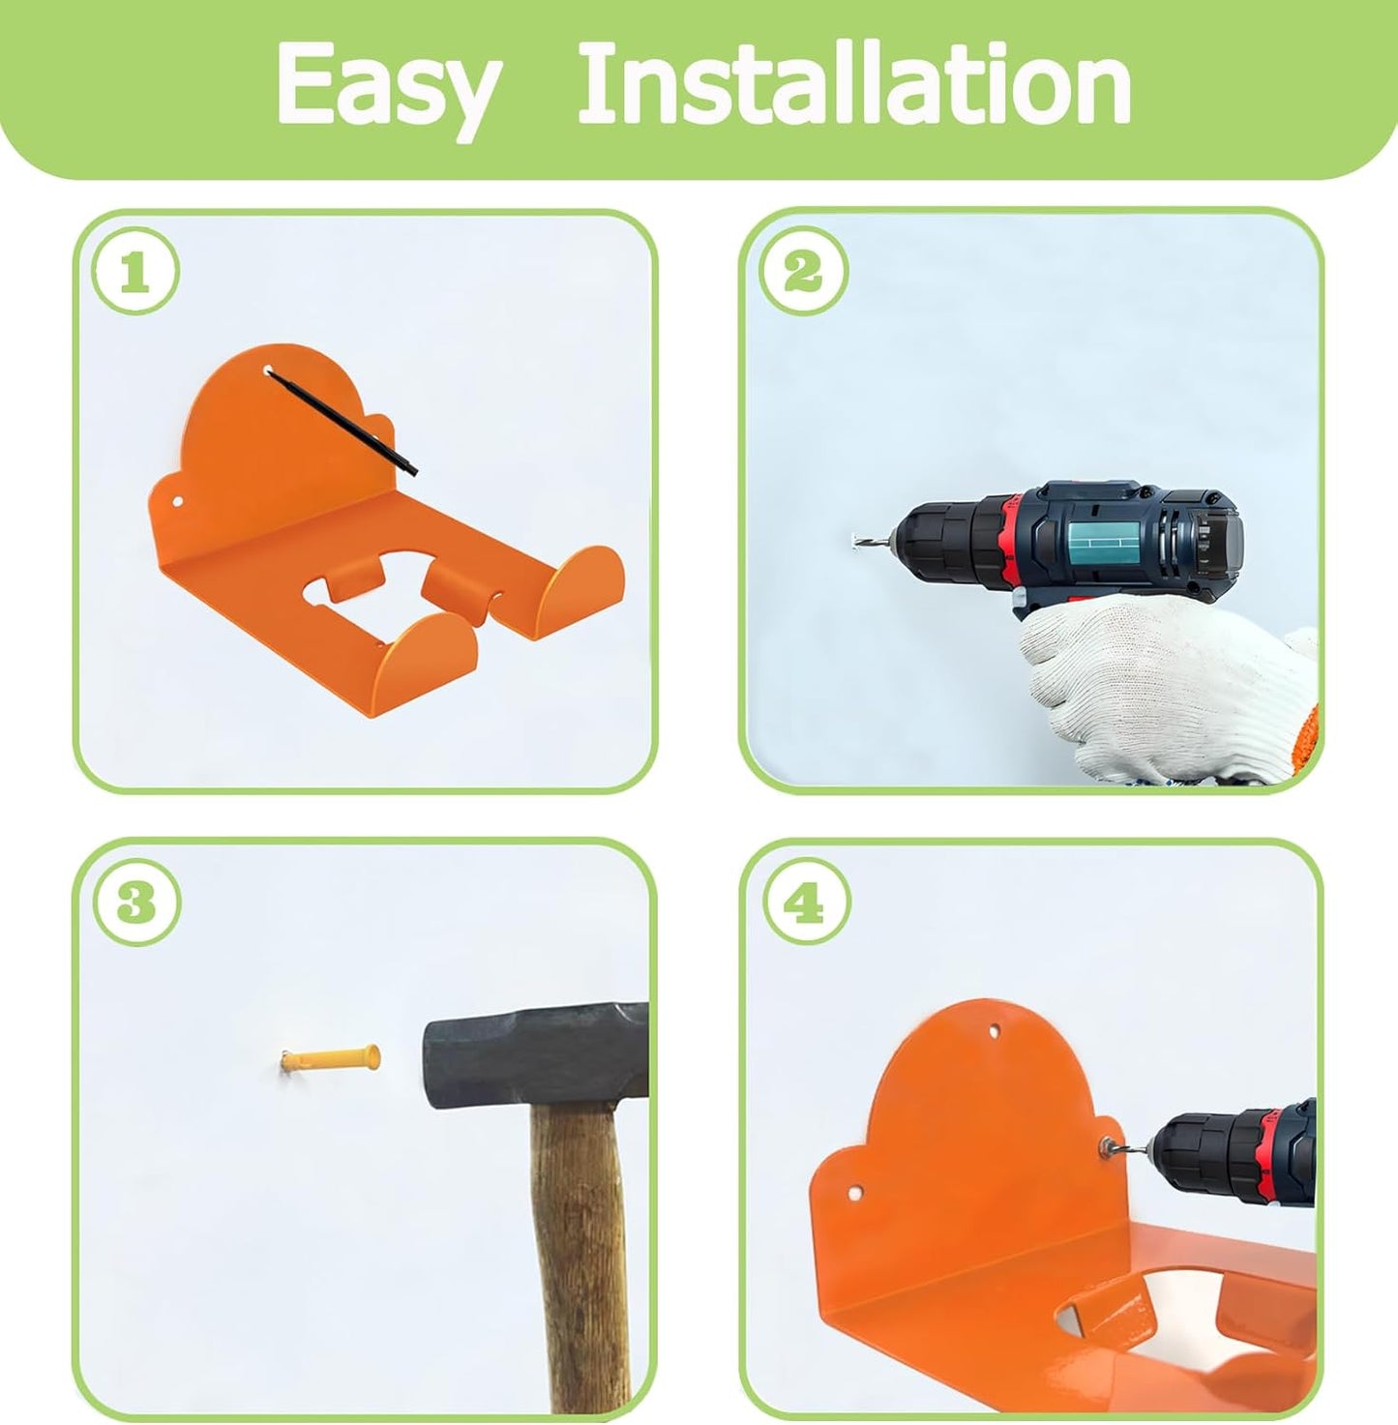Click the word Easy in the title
pos(387,87)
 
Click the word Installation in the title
pos(853,87)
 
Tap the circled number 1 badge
pos(135,272)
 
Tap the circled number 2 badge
pos(803,271)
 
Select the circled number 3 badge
pos(136,903)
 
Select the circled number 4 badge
pos(806,903)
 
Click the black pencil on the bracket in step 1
pos(342,422)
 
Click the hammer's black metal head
pos(532,1054)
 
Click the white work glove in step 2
pos(1161,677)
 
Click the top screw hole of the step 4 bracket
pos(995,1031)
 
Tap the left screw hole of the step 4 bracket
pos(855,1193)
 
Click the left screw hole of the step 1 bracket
pos(178,503)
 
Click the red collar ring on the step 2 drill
pos(1012,542)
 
